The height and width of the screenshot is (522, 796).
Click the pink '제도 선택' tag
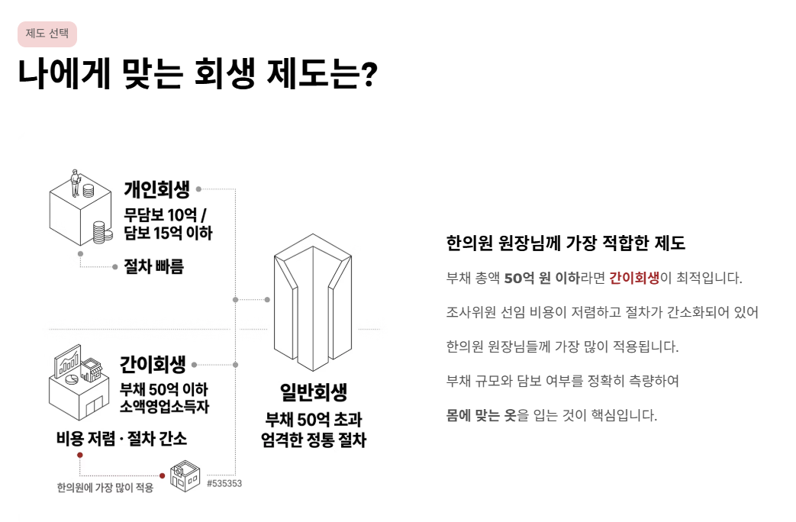[47, 34]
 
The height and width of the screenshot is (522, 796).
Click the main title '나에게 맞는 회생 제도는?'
[197, 74]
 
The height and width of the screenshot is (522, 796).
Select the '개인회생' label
[156, 188]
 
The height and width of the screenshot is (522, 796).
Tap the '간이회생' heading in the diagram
[153, 365]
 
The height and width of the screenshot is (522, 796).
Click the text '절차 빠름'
[153, 267]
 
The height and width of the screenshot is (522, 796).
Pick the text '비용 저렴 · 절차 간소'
[121, 439]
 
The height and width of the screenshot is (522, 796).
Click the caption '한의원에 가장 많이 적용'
[105, 488]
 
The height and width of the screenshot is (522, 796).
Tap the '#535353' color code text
[224, 483]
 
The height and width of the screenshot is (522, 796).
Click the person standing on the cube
[76, 182]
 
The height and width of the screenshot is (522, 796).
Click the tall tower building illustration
[314, 301]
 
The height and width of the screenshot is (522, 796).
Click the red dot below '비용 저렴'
[80, 455]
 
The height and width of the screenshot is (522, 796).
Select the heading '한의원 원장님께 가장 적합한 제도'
[566, 243]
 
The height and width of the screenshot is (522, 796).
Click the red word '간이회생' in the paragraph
[633, 278]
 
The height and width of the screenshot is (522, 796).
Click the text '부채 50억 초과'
[314, 420]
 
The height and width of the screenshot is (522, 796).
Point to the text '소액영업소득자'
[165, 407]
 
